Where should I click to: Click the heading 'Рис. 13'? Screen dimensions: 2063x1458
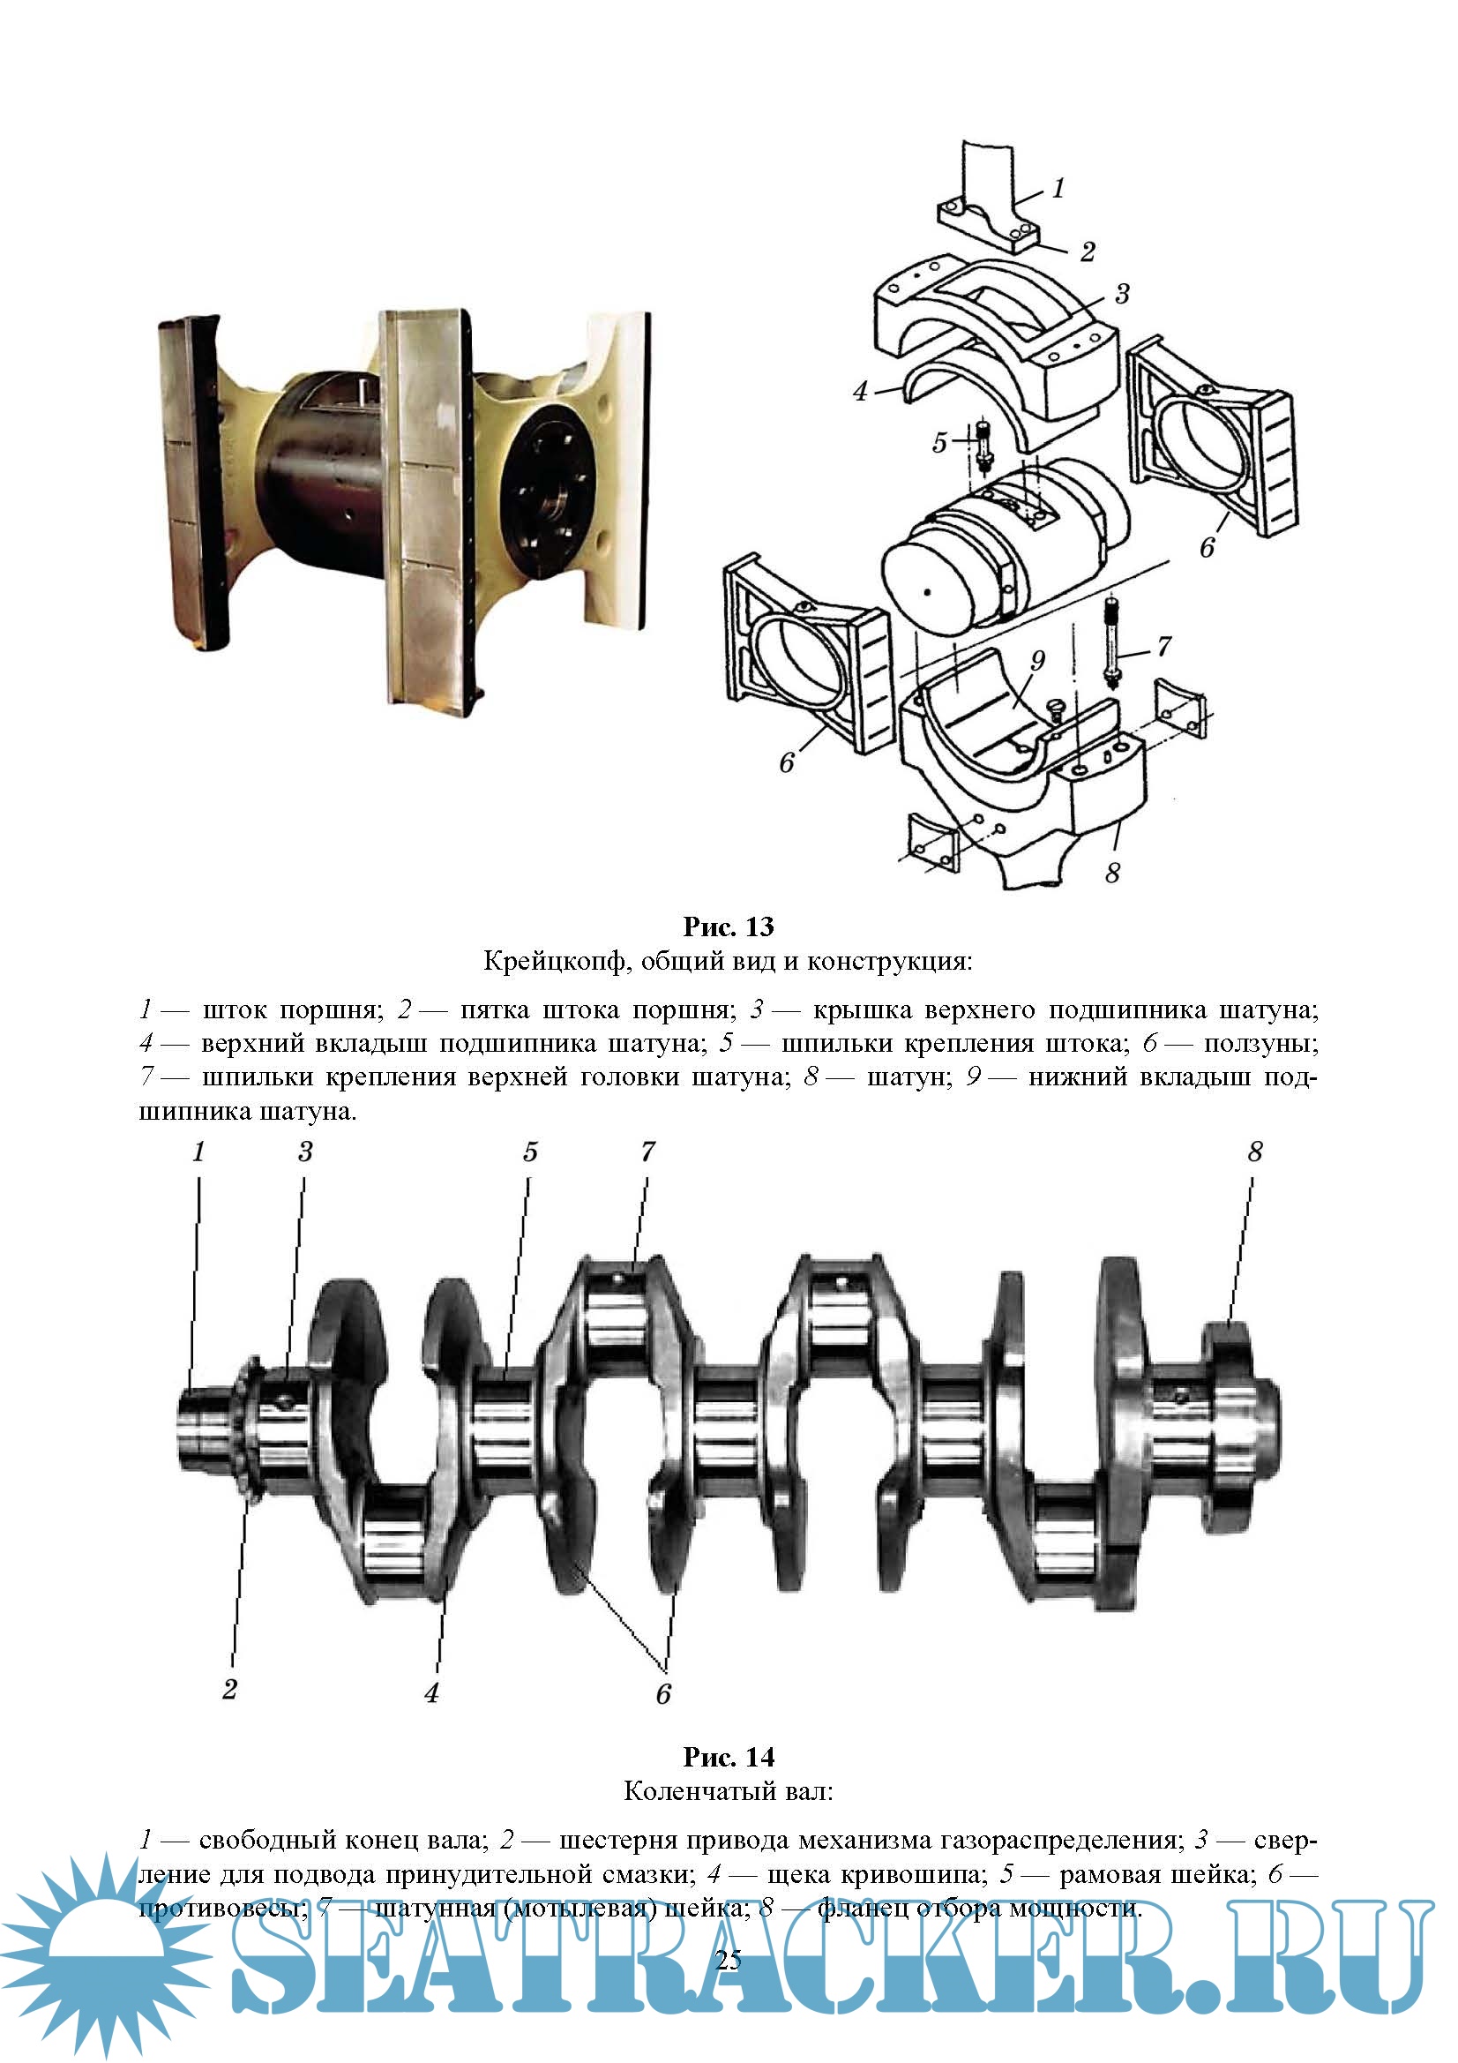728,926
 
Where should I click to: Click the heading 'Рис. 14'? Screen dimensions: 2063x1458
728,1757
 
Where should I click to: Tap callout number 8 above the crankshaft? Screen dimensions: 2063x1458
1255,1152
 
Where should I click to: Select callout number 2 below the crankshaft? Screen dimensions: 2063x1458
230,1689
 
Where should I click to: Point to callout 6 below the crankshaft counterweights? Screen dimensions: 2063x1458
664,1693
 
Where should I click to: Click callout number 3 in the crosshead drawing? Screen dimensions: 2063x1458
1122,294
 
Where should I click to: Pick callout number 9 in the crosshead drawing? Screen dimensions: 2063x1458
1037,660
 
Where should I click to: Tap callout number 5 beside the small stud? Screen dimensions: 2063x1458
939,442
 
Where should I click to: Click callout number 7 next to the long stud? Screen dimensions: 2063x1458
1164,645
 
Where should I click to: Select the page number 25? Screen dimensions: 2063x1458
729,1960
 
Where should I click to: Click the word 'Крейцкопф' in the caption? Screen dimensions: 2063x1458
551,962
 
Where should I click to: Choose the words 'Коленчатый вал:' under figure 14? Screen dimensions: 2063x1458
728,1791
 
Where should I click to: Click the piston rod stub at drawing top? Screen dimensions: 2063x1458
988,180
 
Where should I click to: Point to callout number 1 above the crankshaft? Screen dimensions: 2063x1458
199,1152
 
